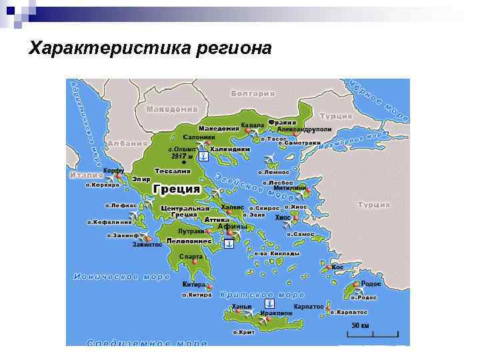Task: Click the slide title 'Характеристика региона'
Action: pos(151,49)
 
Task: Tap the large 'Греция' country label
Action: pos(177,189)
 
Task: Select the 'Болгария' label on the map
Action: pos(252,93)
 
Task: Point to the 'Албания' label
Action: pos(127,143)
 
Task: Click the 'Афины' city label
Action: pos(233,227)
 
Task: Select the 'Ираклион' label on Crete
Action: pos(276,312)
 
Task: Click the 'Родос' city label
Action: pos(371,284)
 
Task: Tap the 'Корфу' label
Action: pos(113,171)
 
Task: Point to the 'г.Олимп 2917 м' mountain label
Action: pos(181,153)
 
